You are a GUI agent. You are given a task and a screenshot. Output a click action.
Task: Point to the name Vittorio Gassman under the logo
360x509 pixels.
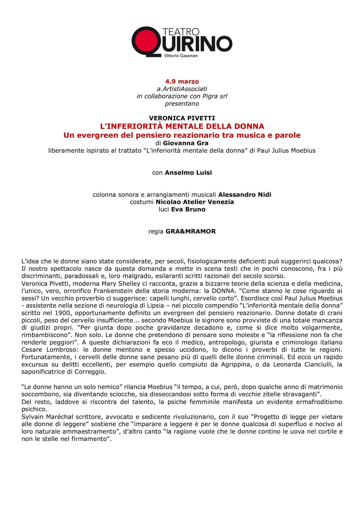point(181,56)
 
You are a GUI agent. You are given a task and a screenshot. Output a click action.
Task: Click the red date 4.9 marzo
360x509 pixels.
point(182,81)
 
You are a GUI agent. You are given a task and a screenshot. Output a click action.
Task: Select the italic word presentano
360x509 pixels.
point(182,104)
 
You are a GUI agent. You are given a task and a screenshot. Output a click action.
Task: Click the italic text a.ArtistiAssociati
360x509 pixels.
point(182,89)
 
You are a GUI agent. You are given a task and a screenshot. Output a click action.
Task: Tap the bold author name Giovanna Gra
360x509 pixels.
point(186,143)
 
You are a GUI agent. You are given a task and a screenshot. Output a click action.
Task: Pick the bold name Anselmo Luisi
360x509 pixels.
point(188,173)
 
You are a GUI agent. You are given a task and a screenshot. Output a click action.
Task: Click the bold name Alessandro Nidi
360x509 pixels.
point(245,195)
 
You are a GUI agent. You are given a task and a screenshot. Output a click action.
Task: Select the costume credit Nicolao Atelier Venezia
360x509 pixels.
point(195,202)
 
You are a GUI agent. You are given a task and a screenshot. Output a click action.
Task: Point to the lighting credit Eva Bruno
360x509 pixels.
point(188,209)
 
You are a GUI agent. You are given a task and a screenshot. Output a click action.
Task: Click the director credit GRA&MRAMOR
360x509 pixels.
point(191,231)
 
